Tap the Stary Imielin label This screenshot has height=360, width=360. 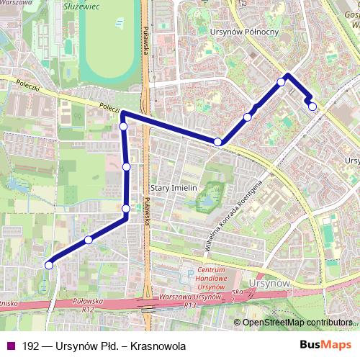(169, 186)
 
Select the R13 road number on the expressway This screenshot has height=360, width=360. (190, 306)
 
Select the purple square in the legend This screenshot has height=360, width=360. (10, 346)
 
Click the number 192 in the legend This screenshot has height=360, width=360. (31, 346)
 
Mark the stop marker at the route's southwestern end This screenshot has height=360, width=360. (49, 265)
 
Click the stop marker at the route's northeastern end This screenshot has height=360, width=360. (312, 107)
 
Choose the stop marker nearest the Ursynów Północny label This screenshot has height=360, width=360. (282, 82)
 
